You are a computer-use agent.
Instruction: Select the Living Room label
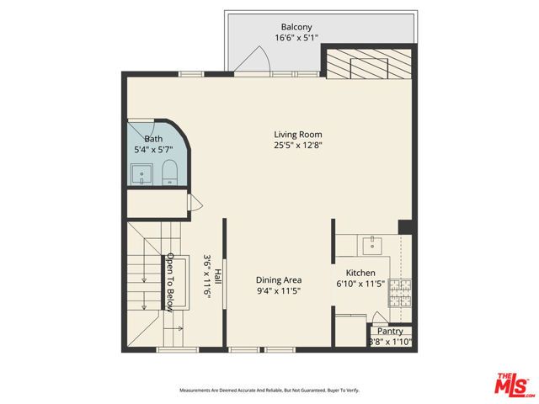point(298,135)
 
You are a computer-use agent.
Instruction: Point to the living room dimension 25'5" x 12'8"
point(298,146)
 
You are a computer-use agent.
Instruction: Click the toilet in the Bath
point(168,172)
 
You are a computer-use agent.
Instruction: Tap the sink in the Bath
point(141,175)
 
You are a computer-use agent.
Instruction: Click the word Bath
point(153,140)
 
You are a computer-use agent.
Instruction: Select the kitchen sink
point(371,245)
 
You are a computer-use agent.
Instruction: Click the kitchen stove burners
point(404,291)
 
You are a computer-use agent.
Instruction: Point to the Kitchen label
point(360,274)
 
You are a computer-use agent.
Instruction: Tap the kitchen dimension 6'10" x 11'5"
point(360,284)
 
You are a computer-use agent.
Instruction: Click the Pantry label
point(390,332)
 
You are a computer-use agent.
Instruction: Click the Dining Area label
point(279,280)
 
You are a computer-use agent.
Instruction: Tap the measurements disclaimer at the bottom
point(269,390)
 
